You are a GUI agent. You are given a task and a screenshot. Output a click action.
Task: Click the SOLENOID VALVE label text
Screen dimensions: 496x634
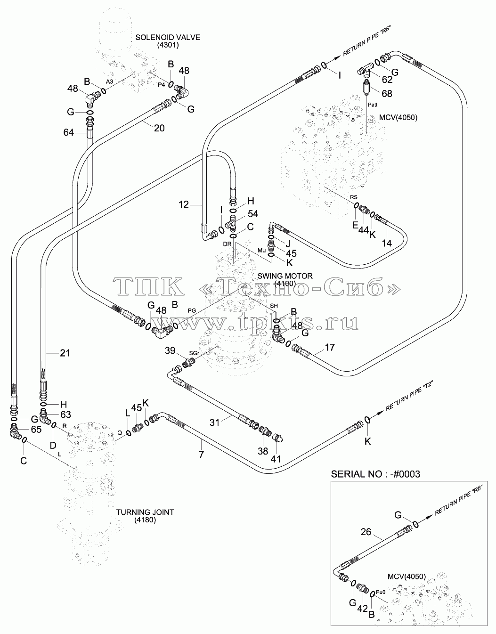click(168, 38)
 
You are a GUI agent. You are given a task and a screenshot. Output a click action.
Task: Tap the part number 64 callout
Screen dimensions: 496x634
click(69, 133)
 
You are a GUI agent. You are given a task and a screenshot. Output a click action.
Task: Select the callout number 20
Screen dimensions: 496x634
click(159, 128)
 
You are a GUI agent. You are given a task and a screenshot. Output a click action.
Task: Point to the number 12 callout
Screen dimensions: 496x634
click(184, 204)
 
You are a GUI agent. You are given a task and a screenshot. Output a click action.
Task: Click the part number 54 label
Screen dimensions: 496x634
click(253, 214)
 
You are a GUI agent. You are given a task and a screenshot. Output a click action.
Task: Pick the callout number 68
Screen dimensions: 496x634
click(387, 94)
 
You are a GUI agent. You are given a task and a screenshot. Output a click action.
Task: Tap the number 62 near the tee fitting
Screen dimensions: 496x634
click(387, 79)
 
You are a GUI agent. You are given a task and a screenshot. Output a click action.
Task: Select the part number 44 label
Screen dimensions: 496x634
click(364, 230)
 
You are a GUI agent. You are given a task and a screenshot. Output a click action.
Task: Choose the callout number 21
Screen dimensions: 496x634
click(65, 353)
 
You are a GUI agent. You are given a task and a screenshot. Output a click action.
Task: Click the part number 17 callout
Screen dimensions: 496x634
click(330, 348)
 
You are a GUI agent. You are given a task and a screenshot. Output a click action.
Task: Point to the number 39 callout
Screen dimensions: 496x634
click(170, 350)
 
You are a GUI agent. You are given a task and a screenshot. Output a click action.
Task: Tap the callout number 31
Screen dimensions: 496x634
click(214, 422)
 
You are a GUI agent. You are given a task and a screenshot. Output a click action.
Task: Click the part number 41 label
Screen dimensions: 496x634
click(276, 459)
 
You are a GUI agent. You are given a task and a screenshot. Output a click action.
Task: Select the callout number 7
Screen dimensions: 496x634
click(201, 454)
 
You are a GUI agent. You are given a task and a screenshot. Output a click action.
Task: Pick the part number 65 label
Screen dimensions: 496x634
click(36, 430)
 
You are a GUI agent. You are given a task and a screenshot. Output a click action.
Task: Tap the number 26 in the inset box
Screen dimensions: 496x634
click(366, 532)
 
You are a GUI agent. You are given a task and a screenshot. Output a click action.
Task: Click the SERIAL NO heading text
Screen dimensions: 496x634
click(375, 474)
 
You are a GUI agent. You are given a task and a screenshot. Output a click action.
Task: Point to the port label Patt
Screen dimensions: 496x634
click(373, 105)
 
